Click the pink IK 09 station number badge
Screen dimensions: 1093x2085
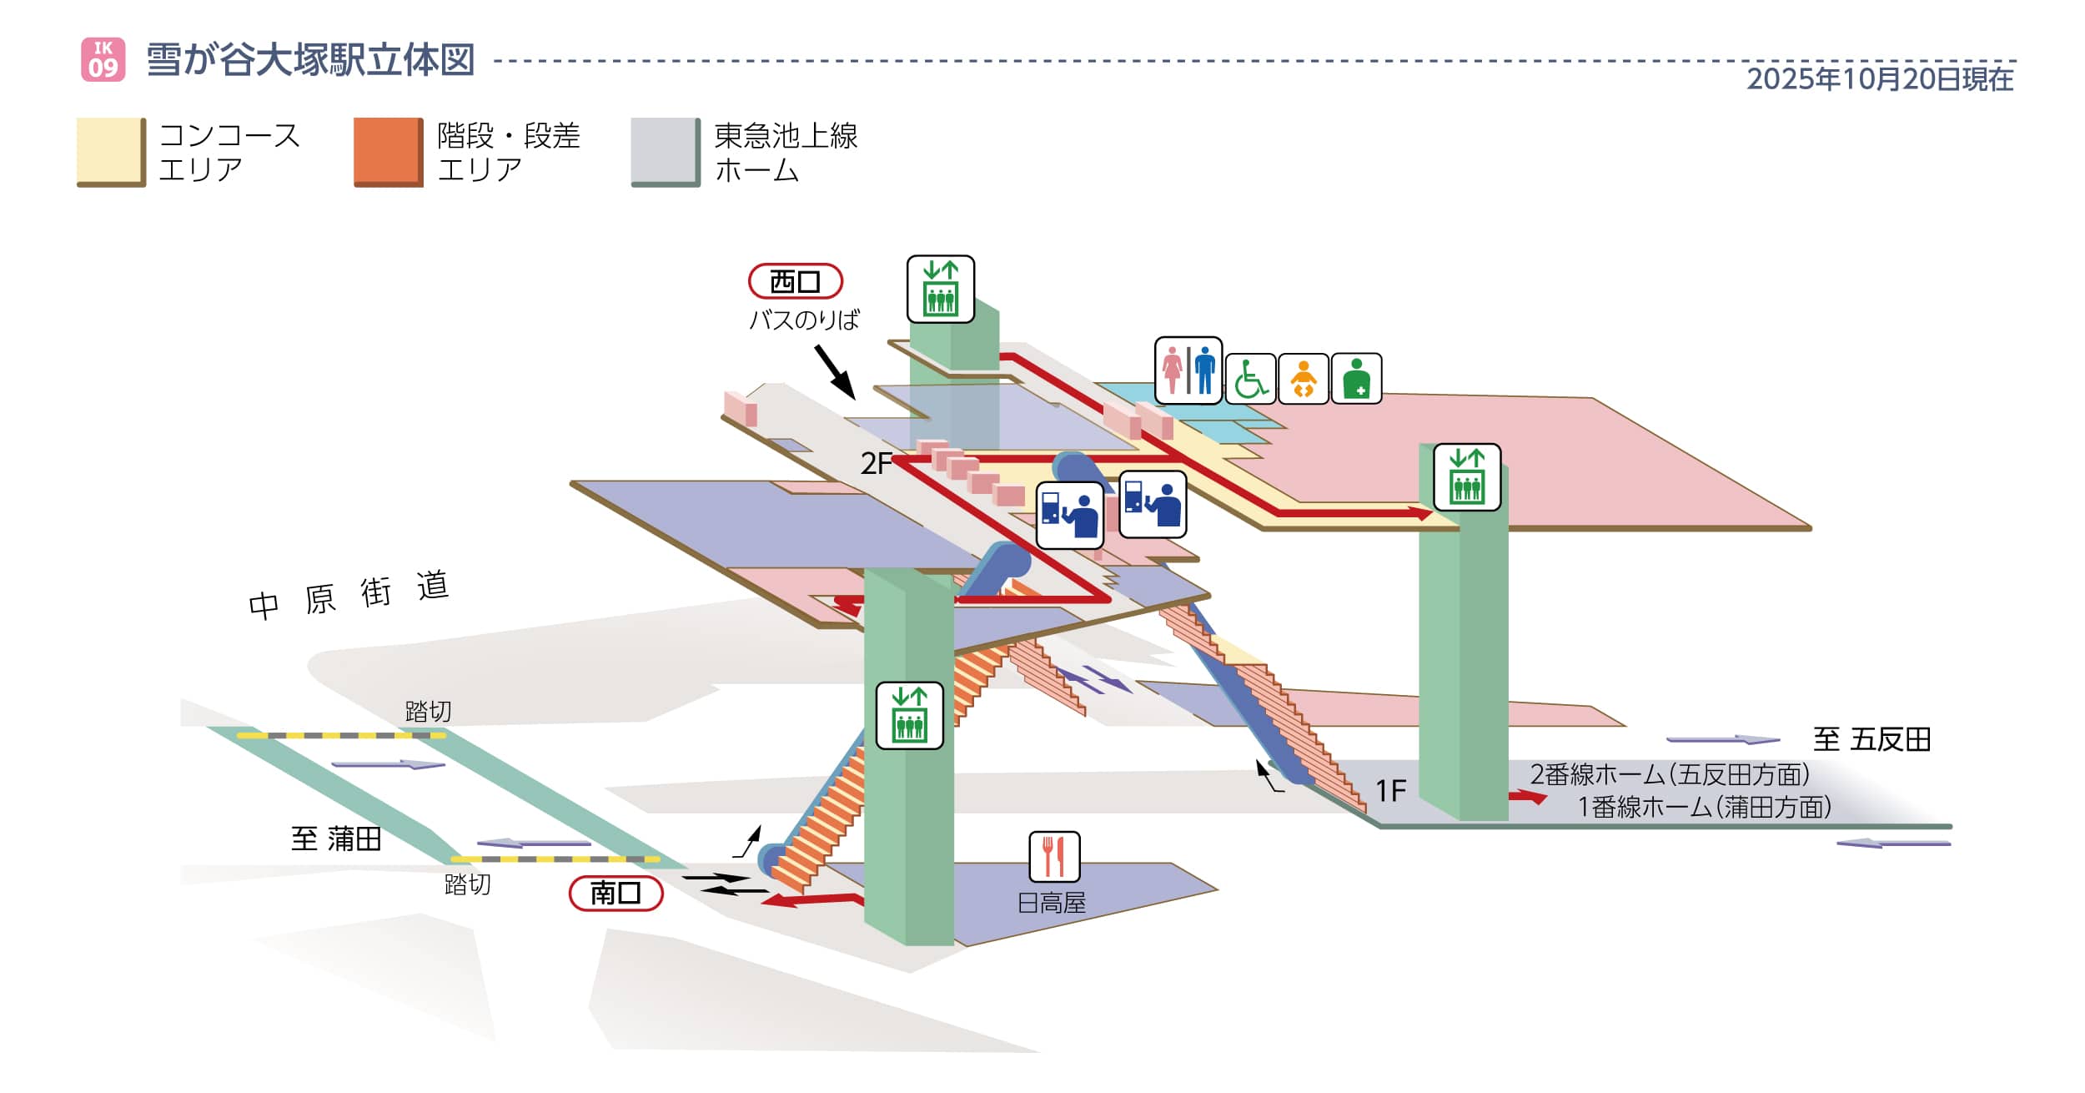[103, 59]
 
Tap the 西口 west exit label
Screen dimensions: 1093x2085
[795, 281]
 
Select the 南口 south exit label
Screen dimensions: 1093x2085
[615, 894]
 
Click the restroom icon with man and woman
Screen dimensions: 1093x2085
[1188, 370]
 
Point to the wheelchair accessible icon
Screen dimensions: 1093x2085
[1249, 379]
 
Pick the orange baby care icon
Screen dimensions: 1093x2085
[1303, 379]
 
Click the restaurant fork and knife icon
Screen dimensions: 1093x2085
[1054, 856]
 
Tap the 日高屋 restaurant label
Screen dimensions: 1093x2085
[1051, 903]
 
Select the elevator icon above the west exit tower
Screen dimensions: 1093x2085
[940, 289]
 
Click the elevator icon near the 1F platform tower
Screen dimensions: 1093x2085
[1466, 477]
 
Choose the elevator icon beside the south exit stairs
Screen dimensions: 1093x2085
[909, 716]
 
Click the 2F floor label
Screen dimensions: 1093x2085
[877, 463]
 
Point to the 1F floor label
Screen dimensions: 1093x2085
[1390, 790]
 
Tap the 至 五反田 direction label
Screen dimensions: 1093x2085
[1871, 739]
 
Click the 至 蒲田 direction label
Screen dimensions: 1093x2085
[336, 839]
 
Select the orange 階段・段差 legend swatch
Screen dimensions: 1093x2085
[388, 152]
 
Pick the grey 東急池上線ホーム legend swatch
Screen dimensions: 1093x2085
[665, 152]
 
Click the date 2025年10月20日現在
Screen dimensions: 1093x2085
[1880, 79]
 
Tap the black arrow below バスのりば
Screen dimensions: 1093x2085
[835, 372]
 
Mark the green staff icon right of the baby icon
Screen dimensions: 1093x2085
[1356, 379]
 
